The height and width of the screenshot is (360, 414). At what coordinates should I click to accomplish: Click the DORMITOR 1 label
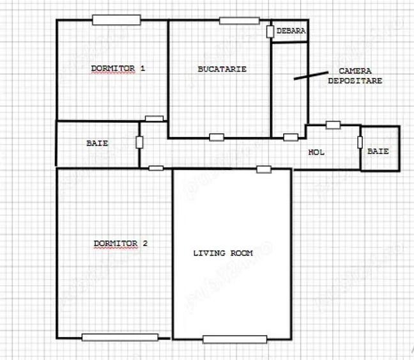118,68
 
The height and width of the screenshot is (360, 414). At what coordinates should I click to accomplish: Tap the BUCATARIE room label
222,69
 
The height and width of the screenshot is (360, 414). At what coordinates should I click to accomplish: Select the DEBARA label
291,31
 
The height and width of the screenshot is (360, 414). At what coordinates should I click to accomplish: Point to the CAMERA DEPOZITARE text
355,76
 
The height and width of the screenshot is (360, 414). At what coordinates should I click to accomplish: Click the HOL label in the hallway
316,152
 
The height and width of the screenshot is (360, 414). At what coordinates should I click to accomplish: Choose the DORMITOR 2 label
121,244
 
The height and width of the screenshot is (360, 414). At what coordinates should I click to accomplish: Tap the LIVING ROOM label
223,253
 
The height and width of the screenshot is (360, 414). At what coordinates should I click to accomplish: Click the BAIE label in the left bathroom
97,143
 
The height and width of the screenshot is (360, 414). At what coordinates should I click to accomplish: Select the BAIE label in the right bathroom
378,152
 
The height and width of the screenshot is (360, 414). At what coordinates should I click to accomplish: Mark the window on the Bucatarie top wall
239,20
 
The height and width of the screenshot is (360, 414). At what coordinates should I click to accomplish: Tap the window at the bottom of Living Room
234,339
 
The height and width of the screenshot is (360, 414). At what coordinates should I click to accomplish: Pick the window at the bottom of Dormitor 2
119,337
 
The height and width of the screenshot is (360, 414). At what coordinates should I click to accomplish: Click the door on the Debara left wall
271,31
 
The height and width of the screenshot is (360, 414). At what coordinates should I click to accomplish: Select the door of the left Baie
139,142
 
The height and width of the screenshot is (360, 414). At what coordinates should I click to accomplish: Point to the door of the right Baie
360,143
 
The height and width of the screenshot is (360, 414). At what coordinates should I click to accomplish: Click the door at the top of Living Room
264,169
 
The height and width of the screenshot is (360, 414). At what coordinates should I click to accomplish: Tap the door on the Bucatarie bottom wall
217,137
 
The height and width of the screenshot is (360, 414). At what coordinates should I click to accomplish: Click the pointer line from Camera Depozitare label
308,75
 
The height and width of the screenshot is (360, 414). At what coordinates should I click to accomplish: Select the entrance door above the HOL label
333,125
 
